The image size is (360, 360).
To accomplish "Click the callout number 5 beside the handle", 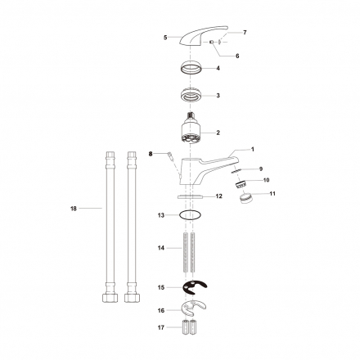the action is [165, 38].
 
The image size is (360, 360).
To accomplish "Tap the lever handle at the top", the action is [203, 35].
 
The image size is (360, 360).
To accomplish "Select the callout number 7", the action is [245, 33].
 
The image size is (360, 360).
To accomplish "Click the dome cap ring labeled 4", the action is [191, 67].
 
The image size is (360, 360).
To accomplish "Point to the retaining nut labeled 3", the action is [191, 95].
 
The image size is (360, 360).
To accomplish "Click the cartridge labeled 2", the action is [191, 128].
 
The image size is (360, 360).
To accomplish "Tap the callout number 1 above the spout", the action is [253, 150].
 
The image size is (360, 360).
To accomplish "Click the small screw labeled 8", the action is [170, 156].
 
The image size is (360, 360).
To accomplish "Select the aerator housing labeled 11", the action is [247, 197].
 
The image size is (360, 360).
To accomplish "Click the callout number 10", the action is [267, 180].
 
